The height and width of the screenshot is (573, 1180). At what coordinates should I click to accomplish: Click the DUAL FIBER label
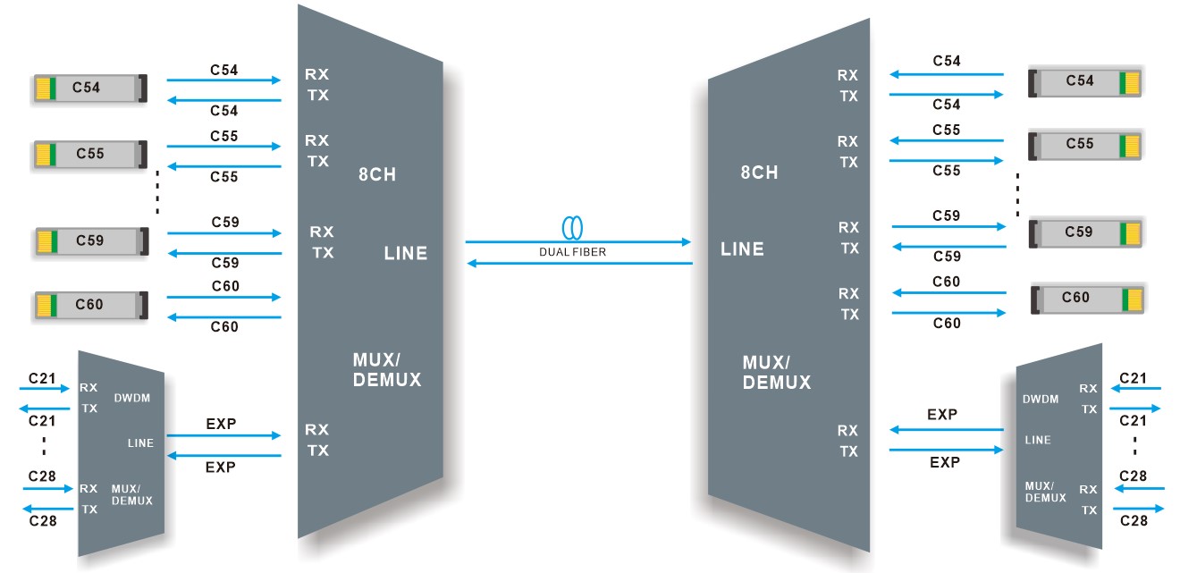point(572,252)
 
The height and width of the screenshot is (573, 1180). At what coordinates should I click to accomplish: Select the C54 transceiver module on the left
point(89,88)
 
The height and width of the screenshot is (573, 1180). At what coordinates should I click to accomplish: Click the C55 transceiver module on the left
point(89,154)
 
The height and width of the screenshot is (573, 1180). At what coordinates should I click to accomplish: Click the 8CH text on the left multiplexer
point(376,174)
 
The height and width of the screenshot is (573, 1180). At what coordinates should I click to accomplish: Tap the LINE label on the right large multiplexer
point(742,249)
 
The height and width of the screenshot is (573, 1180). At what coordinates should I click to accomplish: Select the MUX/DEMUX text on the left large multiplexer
point(386,370)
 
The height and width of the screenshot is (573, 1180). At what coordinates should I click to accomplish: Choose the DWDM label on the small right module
point(1041,400)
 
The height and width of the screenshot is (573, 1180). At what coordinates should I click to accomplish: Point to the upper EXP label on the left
point(221,424)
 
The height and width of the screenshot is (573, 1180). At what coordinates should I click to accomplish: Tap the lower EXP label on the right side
point(944,462)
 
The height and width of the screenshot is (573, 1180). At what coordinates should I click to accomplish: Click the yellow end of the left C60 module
point(41,306)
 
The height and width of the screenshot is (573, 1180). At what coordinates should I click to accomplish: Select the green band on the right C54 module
point(1122,82)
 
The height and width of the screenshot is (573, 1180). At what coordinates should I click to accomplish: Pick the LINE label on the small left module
point(140,442)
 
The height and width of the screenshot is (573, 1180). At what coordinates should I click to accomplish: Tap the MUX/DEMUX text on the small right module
point(1045,492)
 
